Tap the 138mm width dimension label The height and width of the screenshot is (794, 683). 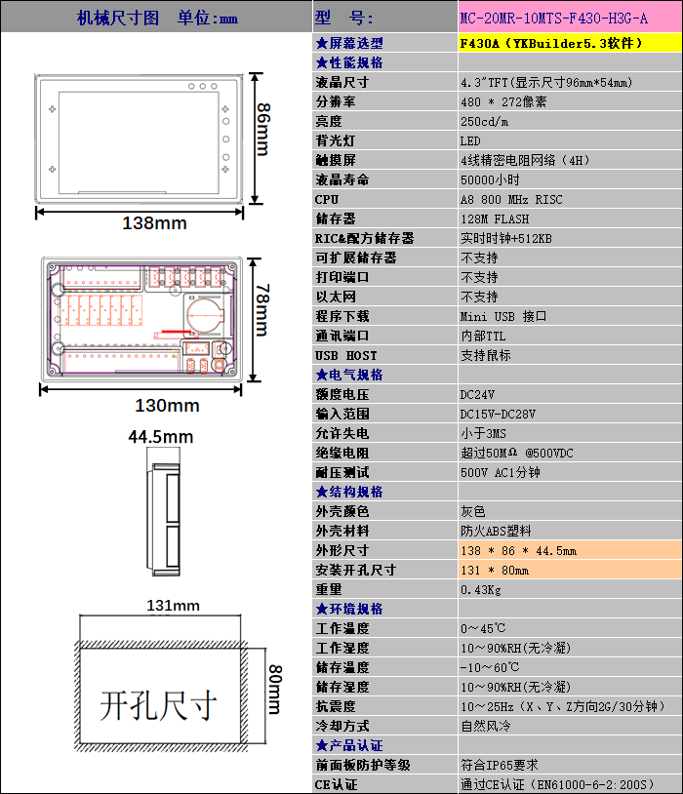154,223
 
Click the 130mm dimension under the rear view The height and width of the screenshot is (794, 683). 167,406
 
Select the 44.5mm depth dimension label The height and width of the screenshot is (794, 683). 161,437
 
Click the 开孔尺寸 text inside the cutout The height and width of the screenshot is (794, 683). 157,704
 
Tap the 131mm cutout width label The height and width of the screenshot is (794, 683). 173,606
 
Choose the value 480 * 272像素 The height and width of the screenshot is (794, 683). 503,101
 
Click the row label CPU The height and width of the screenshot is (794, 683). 327,199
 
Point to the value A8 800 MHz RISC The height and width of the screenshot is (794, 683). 511,199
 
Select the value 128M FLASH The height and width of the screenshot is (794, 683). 495,218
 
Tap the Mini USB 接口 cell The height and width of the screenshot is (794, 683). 503,316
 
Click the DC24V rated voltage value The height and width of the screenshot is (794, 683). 477,394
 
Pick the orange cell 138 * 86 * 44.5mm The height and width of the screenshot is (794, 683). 518,550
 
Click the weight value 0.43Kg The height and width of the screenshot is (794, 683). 481,589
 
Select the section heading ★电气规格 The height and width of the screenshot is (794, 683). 349,375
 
